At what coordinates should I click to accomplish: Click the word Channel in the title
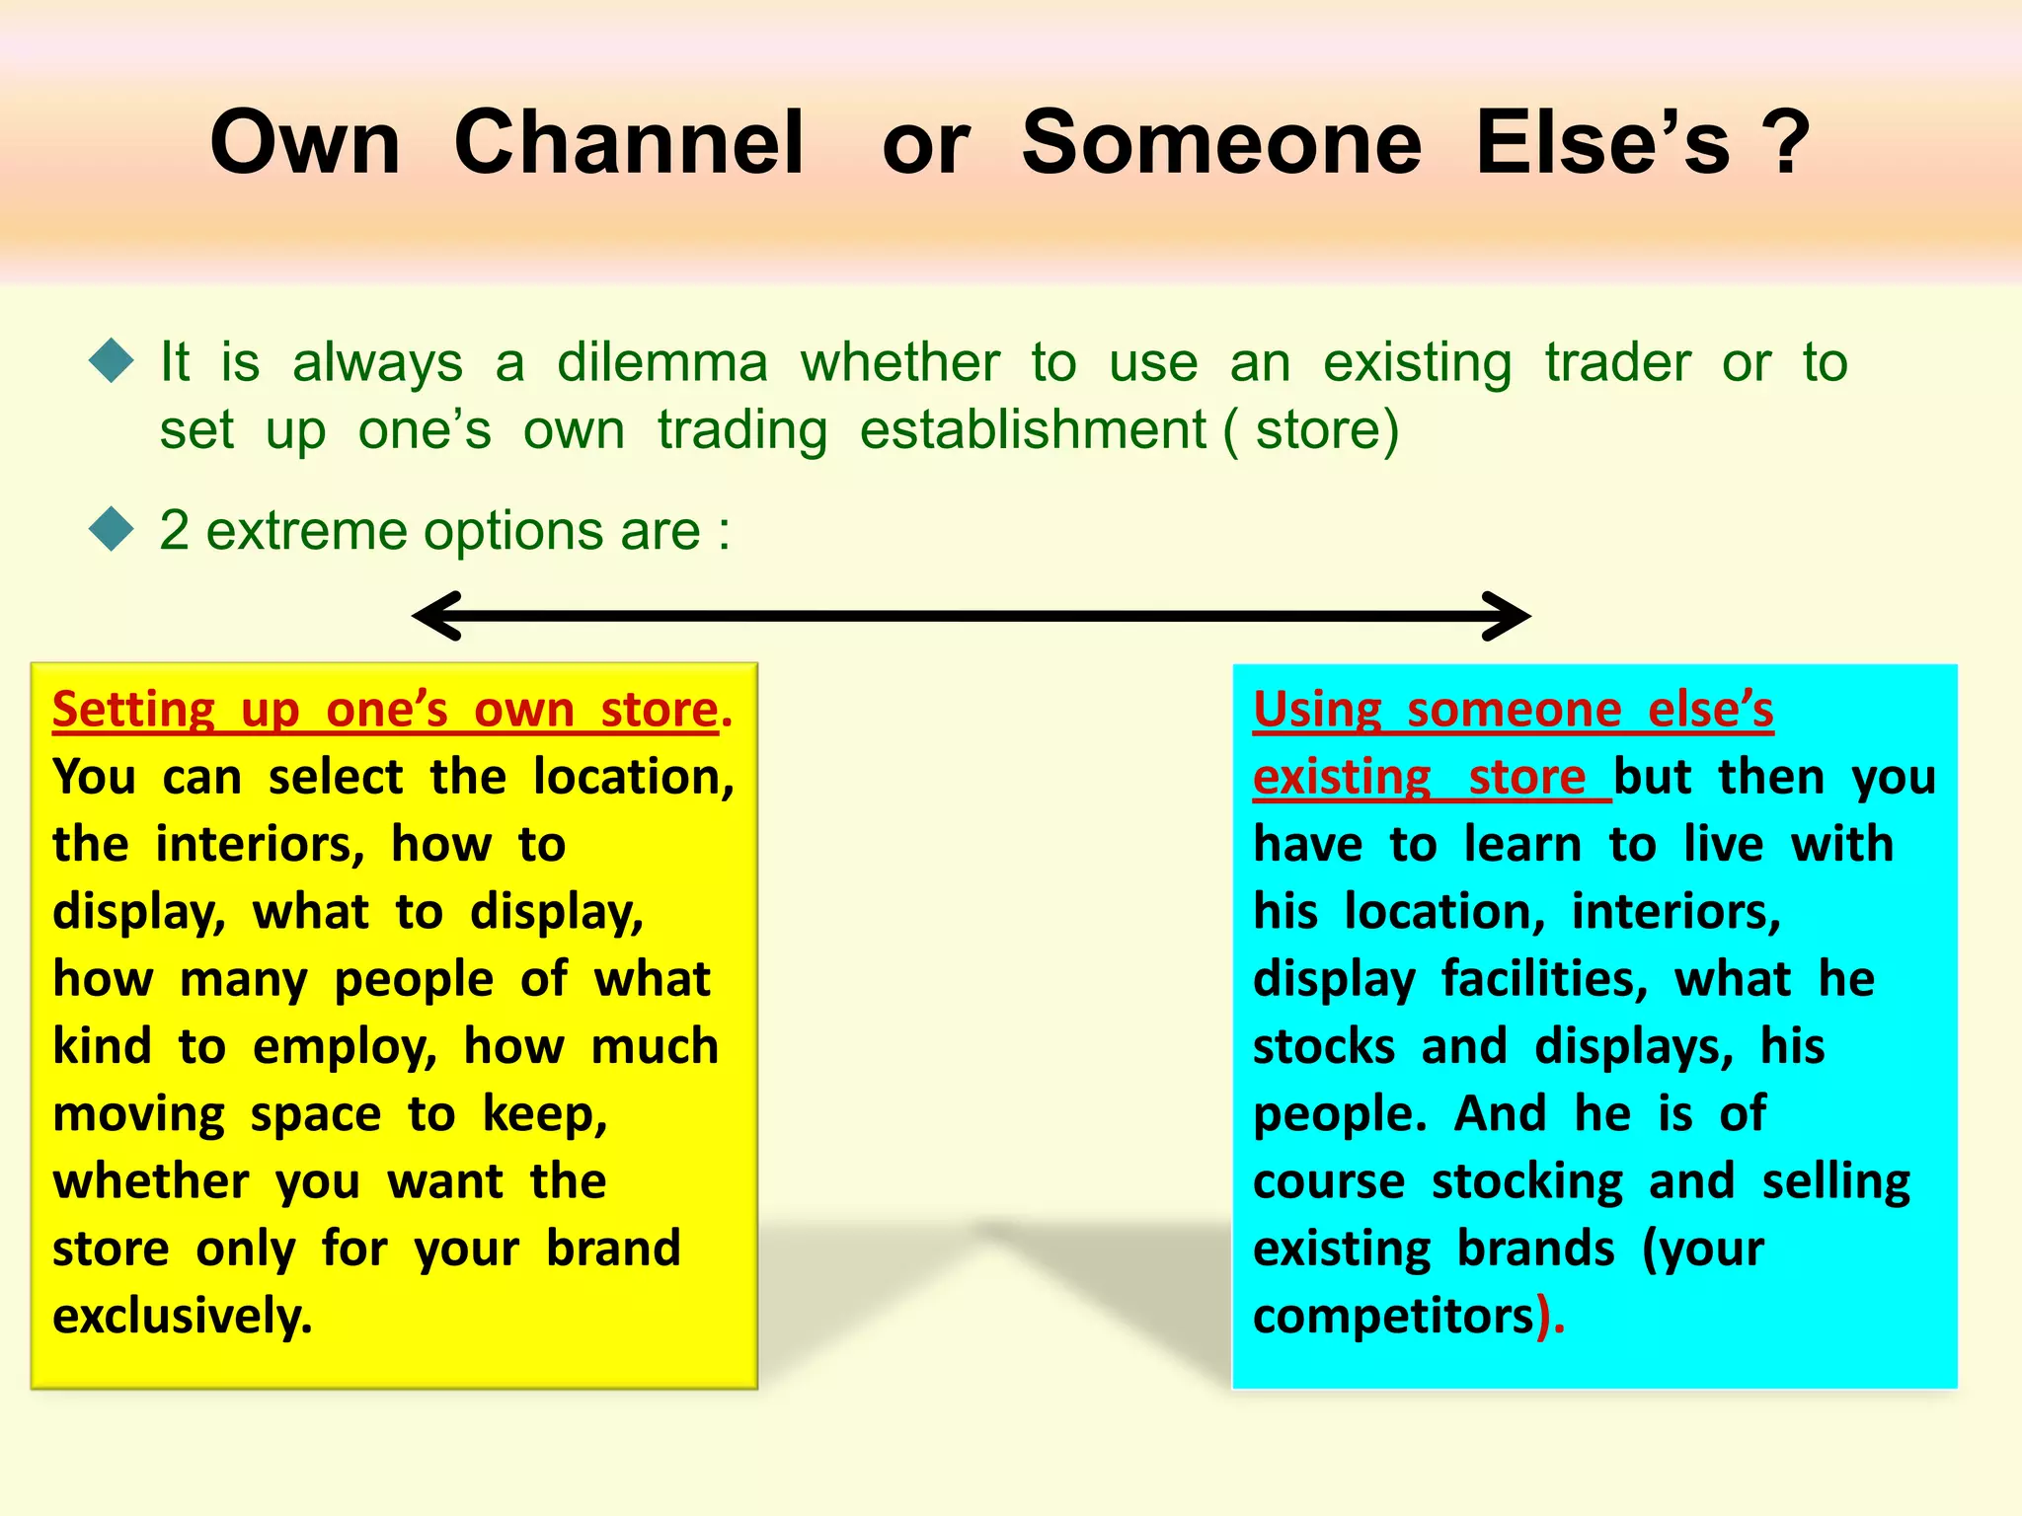(629, 143)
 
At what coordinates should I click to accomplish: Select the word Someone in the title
(1221, 143)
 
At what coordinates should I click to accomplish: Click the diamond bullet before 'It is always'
(111, 361)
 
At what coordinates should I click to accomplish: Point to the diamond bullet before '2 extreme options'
(111, 529)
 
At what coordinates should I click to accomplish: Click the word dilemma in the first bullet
(661, 362)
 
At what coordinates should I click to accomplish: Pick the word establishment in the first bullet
(1033, 430)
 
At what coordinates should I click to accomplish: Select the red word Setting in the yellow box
(133, 710)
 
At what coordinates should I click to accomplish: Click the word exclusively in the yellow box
(182, 1316)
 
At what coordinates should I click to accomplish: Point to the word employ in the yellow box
(345, 1046)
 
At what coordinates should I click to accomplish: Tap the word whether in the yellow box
(151, 1181)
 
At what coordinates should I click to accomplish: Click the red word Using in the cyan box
(1317, 710)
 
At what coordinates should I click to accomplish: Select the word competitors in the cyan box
(1393, 1316)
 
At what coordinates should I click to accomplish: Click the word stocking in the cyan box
(1526, 1181)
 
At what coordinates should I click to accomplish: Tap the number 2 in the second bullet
(174, 530)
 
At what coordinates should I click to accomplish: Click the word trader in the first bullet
(1617, 362)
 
